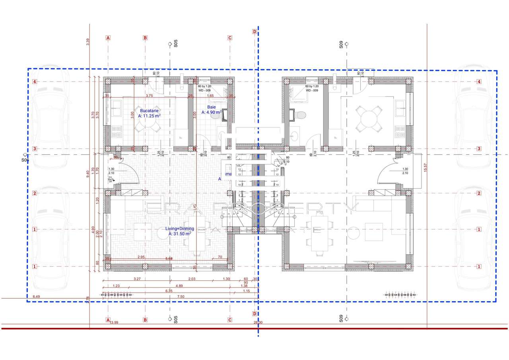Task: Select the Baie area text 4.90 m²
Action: click(x=211, y=113)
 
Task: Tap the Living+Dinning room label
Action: click(x=180, y=229)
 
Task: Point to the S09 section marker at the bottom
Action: click(x=341, y=318)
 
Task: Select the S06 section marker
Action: click(x=25, y=160)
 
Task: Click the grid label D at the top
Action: click(x=254, y=31)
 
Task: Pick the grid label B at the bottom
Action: click(x=145, y=319)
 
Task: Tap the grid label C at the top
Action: click(x=229, y=38)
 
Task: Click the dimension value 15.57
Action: click(x=425, y=167)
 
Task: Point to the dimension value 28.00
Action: click(x=257, y=322)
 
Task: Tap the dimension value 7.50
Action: click(x=181, y=296)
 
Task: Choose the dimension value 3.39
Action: click(x=88, y=41)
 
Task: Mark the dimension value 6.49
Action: click(x=37, y=296)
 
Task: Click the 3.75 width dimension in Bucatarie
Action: click(x=149, y=96)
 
